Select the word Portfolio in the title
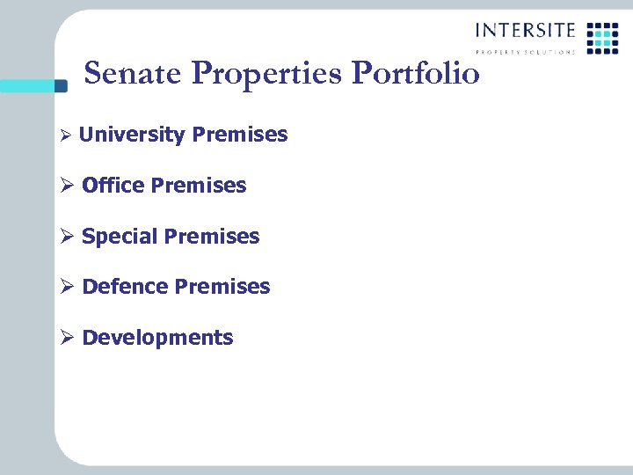pos(416,74)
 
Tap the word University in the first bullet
pos(131,135)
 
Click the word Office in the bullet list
pos(113,186)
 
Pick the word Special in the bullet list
pos(120,237)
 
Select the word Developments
pos(157,338)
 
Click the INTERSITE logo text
pos(525,31)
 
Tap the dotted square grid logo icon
pos(602,38)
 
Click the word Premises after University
pos(239,135)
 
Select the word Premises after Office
pos(199,186)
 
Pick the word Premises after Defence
pos(222,287)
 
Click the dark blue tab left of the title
pos(60,85)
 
